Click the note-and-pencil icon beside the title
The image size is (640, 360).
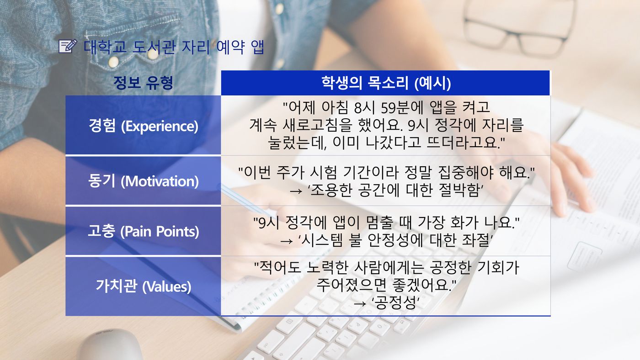[x=68, y=46]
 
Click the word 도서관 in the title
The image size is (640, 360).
[x=154, y=47]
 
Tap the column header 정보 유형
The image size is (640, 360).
[x=143, y=83]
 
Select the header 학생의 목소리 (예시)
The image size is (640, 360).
[x=386, y=83]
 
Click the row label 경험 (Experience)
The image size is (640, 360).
[x=143, y=126]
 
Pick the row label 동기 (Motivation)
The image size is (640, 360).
[x=143, y=181]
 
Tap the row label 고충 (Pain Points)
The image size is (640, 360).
[x=143, y=231]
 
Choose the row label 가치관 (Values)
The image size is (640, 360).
[x=143, y=286]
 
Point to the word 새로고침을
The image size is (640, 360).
[x=316, y=125]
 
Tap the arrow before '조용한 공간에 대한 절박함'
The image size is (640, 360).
[x=296, y=191]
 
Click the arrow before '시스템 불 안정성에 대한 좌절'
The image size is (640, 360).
[x=286, y=241]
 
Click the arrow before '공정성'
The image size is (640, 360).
[x=360, y=303]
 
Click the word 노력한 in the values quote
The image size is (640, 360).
[x=327, y=268]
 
